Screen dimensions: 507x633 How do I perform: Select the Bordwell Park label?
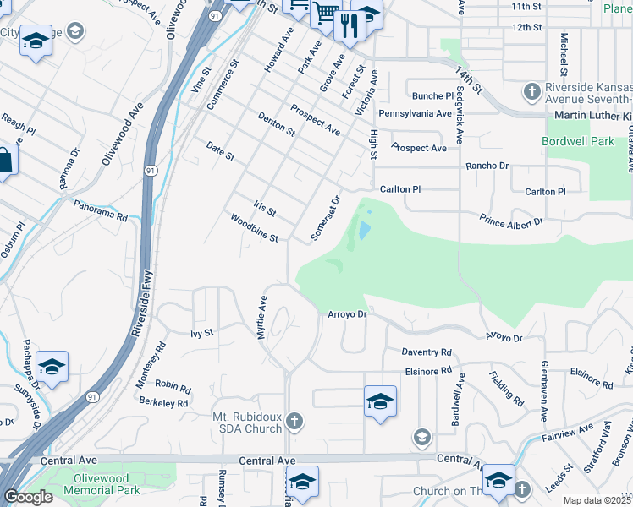click(x=579, y=141)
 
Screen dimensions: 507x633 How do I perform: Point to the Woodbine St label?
click(x=255, y=228)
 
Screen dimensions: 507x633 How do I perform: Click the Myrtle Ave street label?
click(x=263, y=318)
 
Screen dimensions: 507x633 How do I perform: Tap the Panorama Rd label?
click(x=100, y=210)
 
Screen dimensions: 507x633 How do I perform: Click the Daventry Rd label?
click(x=427, y=352)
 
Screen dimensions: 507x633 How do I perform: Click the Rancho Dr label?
click(x=487, y=166)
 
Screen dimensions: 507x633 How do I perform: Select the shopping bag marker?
click(x=4, y=161)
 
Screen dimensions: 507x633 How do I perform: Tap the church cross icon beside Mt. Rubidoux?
click(x=294, y=421)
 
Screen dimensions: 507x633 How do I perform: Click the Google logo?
click(x=28, y=497)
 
